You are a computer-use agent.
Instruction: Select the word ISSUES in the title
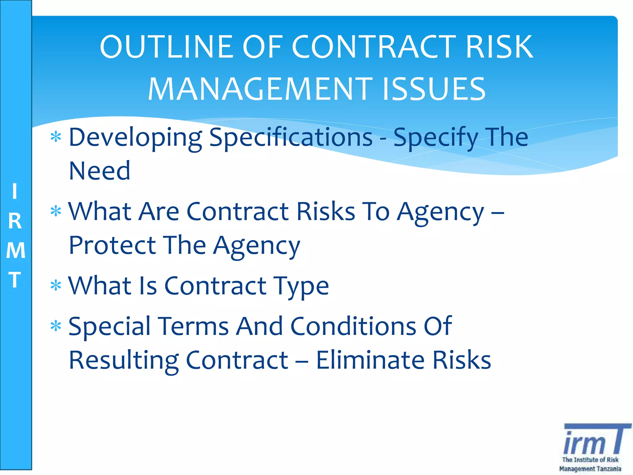[434, 89]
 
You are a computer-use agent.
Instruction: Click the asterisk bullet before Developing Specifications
[56, 137]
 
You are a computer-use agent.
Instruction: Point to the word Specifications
[291, 137]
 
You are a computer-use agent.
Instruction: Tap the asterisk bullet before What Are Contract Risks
[56, 212]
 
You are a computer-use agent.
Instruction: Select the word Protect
[112, 245]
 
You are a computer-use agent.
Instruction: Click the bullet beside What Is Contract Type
[56, 285]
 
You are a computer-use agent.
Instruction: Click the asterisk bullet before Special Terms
[56, 326]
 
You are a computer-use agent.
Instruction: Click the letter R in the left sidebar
[15, 221]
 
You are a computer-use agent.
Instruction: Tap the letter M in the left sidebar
[15, 250]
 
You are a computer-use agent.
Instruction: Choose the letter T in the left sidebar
[15, 279]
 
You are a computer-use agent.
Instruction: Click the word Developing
[135, 138]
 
